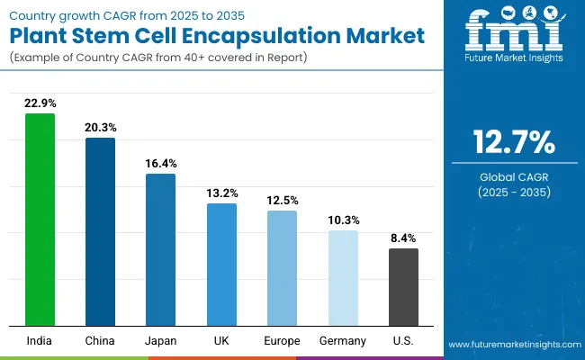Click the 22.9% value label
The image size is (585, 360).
40,103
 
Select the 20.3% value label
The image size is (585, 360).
100,128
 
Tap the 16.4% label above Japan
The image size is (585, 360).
161,164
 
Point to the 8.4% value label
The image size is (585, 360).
403,238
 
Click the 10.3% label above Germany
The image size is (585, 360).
343,220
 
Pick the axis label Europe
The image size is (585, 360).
282,341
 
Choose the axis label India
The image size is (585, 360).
40,341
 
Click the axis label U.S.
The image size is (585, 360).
403,341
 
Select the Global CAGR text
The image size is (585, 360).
514,177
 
